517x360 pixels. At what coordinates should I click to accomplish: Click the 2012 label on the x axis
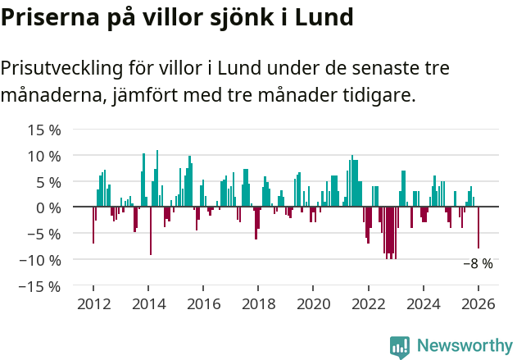[x=93, y=303]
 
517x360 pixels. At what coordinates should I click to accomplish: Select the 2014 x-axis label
[x=148, y=303]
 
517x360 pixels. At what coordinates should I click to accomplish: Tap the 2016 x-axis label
[x=203, y=303]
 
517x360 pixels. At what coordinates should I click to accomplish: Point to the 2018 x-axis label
[x=258, y=303]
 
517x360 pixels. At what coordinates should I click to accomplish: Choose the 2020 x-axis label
[x=313, y=303]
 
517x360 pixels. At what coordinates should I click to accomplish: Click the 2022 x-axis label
[x=368, y=303]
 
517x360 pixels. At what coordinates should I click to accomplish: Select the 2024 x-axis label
[x=424, y=303]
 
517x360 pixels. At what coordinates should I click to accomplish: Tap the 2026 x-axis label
[x=478, y=303]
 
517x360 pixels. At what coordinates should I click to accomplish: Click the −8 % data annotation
[x=478, y=264]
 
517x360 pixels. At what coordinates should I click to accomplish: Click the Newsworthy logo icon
[x=400, y=346]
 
